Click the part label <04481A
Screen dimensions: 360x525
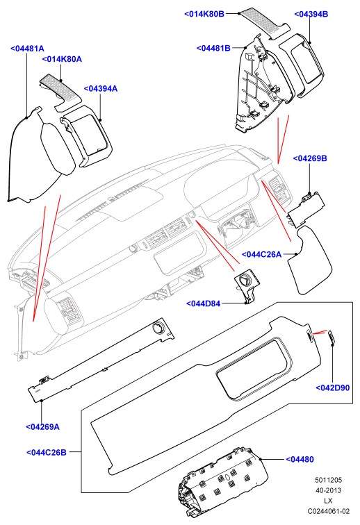pos(27,49)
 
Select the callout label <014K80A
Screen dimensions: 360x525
pos(62,59)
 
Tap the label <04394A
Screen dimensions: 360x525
pos(101,89)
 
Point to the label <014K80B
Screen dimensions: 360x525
pos(204,14)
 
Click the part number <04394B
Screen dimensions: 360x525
pos(311,14)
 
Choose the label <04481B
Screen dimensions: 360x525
pos(213,48)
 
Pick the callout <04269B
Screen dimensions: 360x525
pos(310,158)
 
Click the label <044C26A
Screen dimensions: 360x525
pos(261,254)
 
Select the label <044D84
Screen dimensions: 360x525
pos(204,303)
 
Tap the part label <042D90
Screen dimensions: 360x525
pos(332,387)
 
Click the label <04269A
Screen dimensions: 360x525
pos(42,427)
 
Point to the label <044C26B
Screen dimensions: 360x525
pos(47,452)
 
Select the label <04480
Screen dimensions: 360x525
pos(300,460)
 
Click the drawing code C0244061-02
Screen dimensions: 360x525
pos(329,511)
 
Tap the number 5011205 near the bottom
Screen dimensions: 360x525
pos(328,480)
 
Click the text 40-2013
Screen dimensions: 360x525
pos(328,490)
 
